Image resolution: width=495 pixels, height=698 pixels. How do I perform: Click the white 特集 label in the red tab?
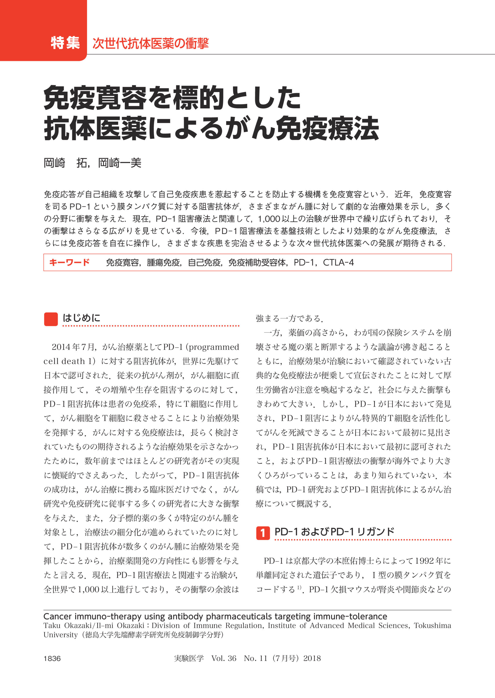pos(65,43)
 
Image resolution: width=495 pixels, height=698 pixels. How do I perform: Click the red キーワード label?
pos(69,262)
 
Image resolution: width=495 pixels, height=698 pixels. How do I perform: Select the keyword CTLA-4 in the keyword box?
pos(338,263)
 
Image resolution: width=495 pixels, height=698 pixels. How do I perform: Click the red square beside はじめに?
pos(51,319)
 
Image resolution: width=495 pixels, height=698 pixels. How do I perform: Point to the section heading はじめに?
pos(81,318)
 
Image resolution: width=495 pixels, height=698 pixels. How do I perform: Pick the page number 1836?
pos(52,658)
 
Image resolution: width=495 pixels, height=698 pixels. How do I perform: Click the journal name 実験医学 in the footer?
pos(189,658)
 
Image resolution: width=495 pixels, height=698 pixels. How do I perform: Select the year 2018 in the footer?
pos(312,658)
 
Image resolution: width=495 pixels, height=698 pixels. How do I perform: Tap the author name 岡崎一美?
pos(120,163)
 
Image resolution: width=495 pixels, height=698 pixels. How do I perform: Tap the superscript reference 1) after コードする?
pos(300,587)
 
